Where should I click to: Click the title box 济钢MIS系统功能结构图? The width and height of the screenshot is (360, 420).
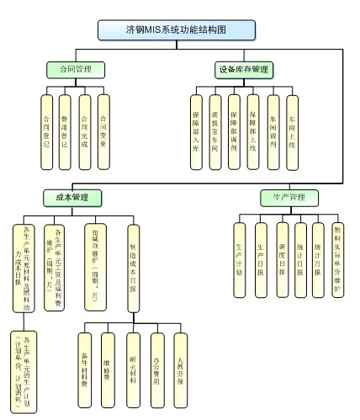coord(176,30)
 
